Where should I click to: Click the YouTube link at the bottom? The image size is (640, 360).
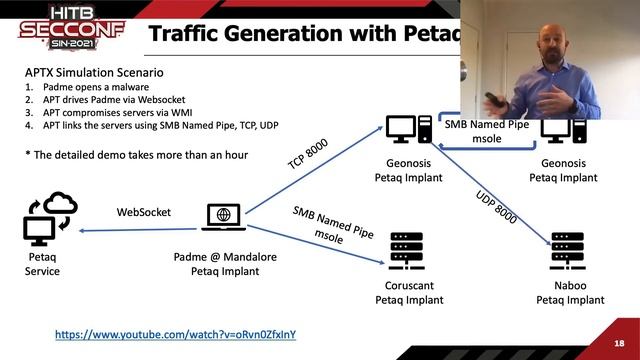click(x=175, y=334)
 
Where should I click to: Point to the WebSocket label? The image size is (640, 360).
click(x=144, y=212)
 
